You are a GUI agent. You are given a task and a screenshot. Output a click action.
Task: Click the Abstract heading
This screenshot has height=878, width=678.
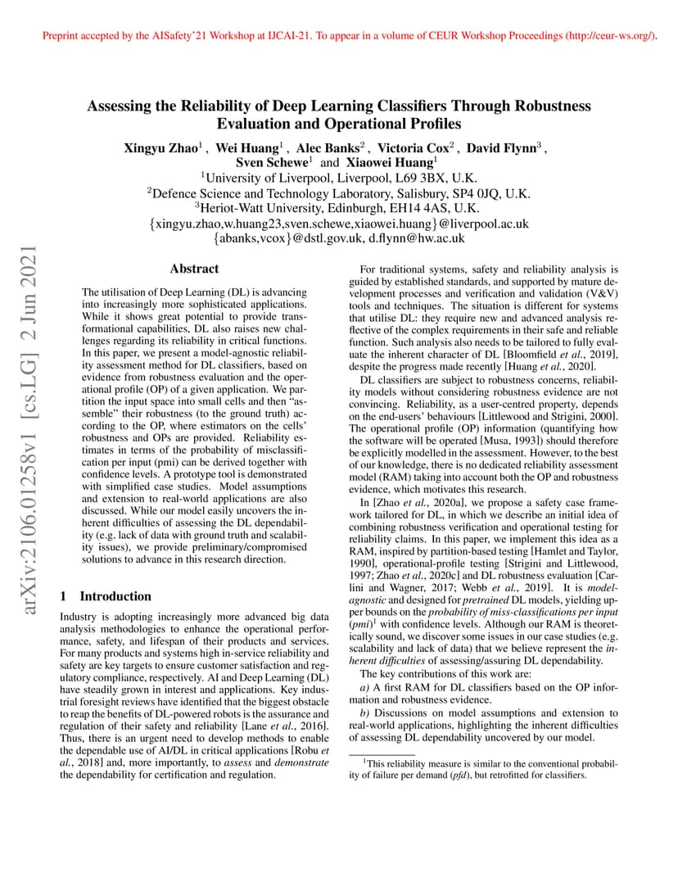pyautogui.click(x=194, y=269)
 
